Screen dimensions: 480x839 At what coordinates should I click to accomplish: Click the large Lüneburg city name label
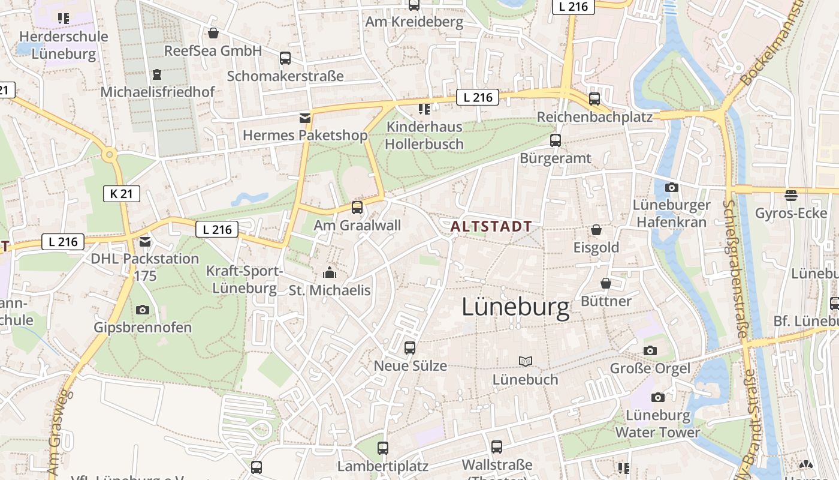(x=515, y=308)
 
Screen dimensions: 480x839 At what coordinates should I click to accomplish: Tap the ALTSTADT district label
(x=491, y=226)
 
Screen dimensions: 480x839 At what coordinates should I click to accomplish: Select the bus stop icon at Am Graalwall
(x=357, y=208)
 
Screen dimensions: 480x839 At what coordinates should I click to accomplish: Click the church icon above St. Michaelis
(x=330, y=273)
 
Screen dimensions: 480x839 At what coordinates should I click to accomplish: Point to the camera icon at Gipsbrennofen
(x=143, y=310)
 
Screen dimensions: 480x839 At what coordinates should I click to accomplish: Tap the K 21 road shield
(x=122, y=193)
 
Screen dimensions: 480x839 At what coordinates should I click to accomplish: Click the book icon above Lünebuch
(x=526, y=361)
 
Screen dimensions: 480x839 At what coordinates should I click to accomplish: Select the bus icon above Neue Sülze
(x=410, y=347)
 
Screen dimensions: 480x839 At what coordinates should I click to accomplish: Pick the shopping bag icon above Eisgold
(x=596, y=230)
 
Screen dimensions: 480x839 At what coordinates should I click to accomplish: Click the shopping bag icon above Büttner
(x=606, y=283)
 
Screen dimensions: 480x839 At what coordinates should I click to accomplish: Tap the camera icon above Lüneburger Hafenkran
(x=672, y=187)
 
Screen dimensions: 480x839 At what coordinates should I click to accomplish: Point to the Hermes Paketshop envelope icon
(x=305, y=118)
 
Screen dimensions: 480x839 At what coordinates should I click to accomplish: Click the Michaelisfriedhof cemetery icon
(x=157, y=74)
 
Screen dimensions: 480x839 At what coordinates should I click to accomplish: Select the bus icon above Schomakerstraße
(x=285, y=58)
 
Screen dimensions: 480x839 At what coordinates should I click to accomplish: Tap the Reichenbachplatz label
(x=594, y=117)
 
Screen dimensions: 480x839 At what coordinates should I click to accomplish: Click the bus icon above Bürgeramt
(x=556, y=140)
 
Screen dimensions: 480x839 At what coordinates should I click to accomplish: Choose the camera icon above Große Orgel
(x=650, y=350)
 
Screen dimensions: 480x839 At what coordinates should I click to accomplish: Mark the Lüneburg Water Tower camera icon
(x=658, y=397)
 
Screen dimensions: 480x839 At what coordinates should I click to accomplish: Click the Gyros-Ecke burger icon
(x=791, y=195)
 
